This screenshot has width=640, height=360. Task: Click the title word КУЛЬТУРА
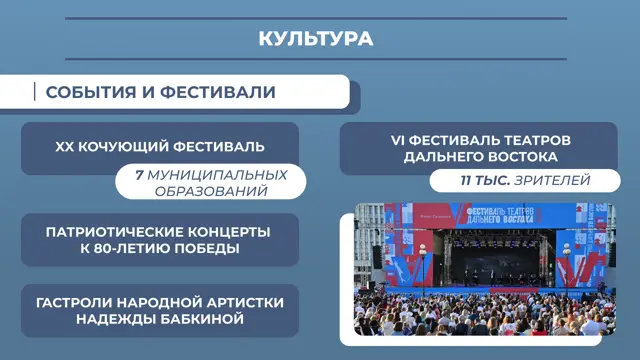pyautogui.click(x=316, y=39)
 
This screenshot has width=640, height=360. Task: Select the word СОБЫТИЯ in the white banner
pyautogui.click(x=91, y=92)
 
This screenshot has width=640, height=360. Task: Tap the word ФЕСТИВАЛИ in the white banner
pyautogui.click(x=218, y=92)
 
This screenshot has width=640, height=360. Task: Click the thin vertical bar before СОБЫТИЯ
pyautogui.click(x=35, y=91)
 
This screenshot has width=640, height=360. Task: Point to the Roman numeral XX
pyautogui.click(x=64, y=147)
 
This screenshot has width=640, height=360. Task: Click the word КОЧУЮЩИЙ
pyautogui.click(x=123, y=147)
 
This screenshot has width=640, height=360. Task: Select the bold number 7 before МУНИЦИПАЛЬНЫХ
pyautogui.click(x=139, y=175)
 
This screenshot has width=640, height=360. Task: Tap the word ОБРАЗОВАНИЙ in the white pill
pyautogui.click(x=211, y=191)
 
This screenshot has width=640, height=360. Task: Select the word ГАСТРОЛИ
pyautogui.click(x=73, y=303)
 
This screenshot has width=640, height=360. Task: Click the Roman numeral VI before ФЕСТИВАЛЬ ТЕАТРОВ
pyautogui.click(x=398, y=140)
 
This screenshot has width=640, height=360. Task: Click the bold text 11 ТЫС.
pyautogui.click(x=485, y=180)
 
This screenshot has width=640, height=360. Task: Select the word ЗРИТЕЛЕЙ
pyautogui.click(x=552, y=180)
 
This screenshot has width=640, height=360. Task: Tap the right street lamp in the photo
pyautogui.click(x=567, y=266)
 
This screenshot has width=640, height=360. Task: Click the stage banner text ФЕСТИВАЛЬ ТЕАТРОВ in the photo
pyautogui.click(x=500, y=211)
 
